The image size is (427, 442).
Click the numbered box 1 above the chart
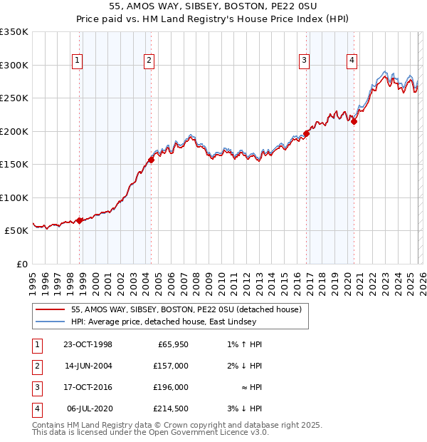tap(76, 61)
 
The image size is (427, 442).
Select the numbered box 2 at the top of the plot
tap(148, 61)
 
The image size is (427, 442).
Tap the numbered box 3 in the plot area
tap(304, 61)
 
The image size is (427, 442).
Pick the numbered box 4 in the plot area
tap(352, 61)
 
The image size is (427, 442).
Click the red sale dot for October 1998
tap(80, 220)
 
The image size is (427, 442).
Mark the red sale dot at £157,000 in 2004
tap(151, 160)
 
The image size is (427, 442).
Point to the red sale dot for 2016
tap(307, 133)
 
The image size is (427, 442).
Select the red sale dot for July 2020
tap(354, 121)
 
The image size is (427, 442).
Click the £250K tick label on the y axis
tap(14, 98)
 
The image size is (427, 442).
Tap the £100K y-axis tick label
tap(14, 197)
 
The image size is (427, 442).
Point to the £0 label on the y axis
tap(21, 264)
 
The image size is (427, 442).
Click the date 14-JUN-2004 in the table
tap(88, 366)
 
